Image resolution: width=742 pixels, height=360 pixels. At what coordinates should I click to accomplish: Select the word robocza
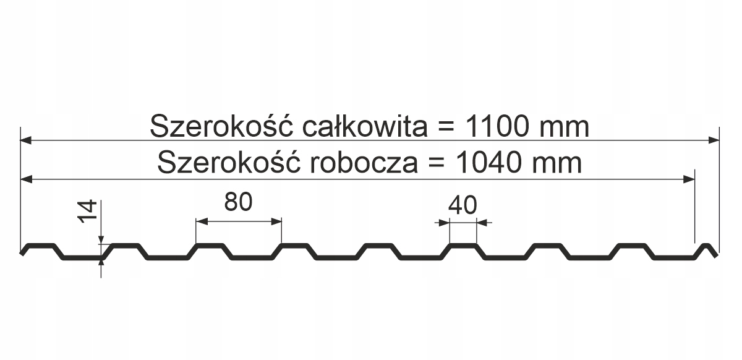click(362, 163)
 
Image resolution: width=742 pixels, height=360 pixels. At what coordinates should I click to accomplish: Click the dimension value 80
click(239, 202)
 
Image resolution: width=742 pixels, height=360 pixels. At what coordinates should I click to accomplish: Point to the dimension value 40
click(463, 205)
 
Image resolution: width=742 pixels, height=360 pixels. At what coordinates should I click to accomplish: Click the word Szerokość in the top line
click(221, 127)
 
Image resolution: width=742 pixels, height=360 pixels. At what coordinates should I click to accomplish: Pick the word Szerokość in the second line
click(228, 163)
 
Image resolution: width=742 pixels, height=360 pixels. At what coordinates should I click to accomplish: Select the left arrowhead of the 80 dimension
click(200, 221)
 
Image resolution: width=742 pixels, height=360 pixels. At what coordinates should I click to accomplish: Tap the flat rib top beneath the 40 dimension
click(463, 246)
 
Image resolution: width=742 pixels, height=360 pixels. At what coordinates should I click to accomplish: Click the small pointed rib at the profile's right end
click(706, 247)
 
